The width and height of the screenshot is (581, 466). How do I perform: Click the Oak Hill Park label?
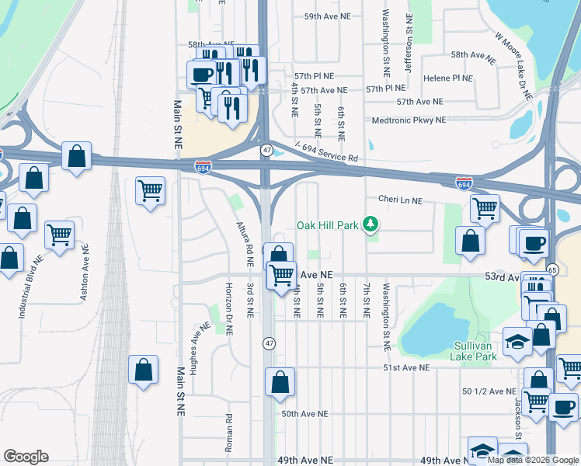point(327,226)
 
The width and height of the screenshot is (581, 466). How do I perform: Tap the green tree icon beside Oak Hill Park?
point(371,225)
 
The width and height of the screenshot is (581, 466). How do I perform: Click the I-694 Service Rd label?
point(326,152)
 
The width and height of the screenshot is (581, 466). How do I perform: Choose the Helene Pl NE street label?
point(448,78)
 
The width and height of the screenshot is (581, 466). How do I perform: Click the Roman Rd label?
point(230,427)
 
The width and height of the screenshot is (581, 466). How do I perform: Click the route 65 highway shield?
point(552,270)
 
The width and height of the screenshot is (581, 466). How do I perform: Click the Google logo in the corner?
point(26,457)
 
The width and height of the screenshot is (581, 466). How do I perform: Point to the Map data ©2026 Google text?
point(532,460)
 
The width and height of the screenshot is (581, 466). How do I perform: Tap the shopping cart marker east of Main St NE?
point(150,191)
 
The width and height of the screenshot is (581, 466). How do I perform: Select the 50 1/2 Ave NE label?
point(489,391)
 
